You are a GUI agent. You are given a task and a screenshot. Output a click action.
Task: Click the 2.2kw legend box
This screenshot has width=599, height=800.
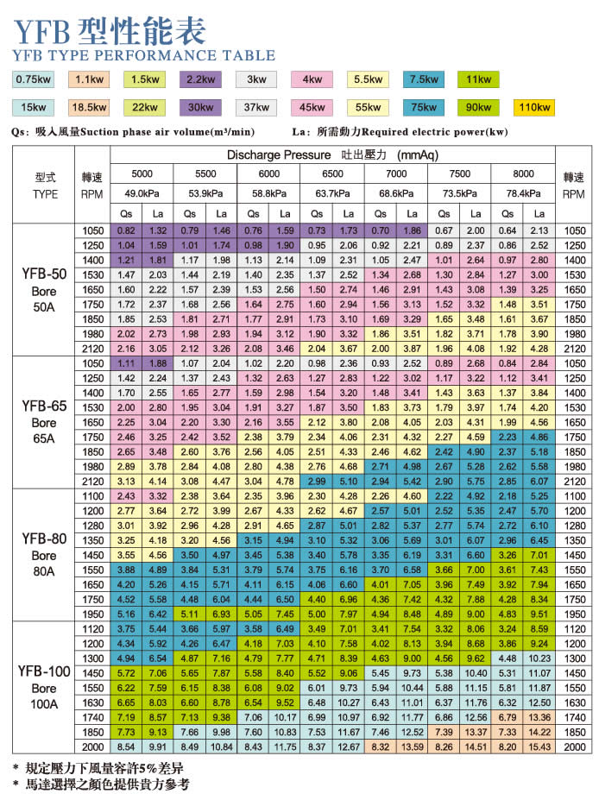200,80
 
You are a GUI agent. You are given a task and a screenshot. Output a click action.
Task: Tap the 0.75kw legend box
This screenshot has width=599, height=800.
33,80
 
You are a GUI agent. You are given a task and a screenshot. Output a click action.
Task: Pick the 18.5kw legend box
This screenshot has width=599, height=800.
89,107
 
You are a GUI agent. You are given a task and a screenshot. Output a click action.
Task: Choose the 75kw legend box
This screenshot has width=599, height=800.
423,107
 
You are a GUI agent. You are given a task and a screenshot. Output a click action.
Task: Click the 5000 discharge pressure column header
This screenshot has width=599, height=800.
142,173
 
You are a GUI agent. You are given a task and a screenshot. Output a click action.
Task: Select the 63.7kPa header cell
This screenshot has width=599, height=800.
332,193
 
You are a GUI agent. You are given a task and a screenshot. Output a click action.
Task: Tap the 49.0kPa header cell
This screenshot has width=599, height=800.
142,193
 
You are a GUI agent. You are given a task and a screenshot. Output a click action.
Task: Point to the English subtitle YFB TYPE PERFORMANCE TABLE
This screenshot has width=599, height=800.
144,55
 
